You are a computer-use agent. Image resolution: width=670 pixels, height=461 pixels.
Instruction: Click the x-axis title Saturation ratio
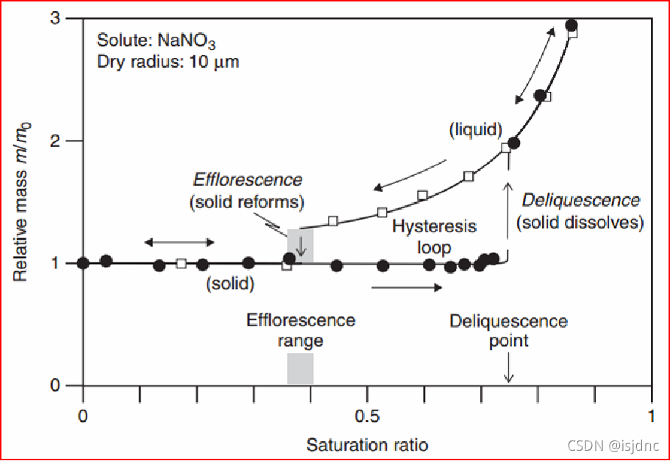coord(367,445)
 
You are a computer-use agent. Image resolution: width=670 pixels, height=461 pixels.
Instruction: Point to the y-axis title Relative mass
coord(20,226)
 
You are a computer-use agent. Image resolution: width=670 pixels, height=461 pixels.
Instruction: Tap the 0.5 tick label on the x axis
coord(367,415)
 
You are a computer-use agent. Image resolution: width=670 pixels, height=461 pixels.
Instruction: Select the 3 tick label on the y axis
coord(55,18)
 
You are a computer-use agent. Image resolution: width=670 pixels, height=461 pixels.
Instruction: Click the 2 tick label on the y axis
coord(55,140)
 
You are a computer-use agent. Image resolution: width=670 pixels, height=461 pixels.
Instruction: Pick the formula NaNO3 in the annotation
coord(187,41)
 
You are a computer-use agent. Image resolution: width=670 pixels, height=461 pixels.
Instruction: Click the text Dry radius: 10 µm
coord(168,62)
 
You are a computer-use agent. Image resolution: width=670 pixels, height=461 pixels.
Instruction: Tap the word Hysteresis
coord(434,226)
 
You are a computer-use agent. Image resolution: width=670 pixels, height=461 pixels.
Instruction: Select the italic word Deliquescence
coord(581,201)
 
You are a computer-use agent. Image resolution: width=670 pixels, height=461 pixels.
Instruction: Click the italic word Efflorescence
coord(247,180)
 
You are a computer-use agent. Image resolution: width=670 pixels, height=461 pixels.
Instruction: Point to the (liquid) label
coord(476,129)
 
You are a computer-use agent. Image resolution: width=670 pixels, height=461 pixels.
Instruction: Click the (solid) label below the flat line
coord(230,283)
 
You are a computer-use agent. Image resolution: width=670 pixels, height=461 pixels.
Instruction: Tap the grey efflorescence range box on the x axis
coord(300,368)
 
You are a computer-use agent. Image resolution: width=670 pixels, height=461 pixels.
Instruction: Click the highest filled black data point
coord(571,25)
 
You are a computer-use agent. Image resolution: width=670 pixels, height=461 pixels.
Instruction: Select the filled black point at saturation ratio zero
coord(83,263)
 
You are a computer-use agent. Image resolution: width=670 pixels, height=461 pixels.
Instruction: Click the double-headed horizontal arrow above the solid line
coord(179,243)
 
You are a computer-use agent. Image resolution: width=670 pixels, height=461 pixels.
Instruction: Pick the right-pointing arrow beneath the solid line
coord(407,287)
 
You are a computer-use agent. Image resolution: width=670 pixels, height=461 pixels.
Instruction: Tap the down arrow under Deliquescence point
coord(508,367)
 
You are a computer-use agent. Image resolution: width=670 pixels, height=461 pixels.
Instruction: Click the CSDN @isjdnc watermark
coord(613,446)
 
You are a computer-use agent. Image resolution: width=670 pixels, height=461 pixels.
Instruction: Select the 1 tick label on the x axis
coord(651,415)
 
